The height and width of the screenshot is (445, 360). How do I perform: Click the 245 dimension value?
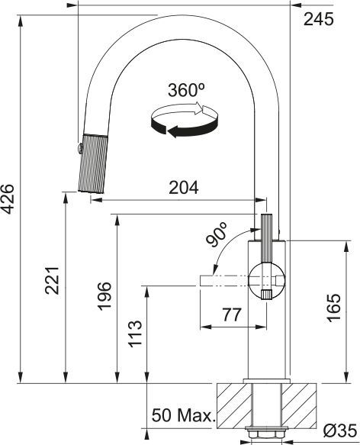319,20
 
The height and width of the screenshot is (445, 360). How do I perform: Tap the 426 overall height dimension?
8,199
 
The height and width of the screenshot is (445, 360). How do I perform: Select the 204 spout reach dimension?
184,188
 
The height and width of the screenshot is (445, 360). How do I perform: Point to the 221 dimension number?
52,281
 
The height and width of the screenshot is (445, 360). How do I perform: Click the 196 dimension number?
104,296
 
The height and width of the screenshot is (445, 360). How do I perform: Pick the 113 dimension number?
135,334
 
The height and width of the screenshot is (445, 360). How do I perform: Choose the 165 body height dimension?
334,308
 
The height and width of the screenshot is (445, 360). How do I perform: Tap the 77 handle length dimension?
232,314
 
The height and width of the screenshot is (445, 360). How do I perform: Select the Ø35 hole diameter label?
339,431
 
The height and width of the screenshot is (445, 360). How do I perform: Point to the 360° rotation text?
186,90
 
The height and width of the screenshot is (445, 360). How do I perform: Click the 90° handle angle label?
217,234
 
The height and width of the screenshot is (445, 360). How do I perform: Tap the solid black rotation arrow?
185,129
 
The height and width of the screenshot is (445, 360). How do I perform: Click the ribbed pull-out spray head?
93,163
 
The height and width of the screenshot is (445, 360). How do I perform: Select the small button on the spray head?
80,148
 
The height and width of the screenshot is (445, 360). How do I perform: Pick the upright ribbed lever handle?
266,238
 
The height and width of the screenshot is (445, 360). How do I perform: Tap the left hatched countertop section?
234,406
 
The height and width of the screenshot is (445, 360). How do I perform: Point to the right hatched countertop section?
299,406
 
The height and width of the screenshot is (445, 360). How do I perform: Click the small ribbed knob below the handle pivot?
266,294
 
